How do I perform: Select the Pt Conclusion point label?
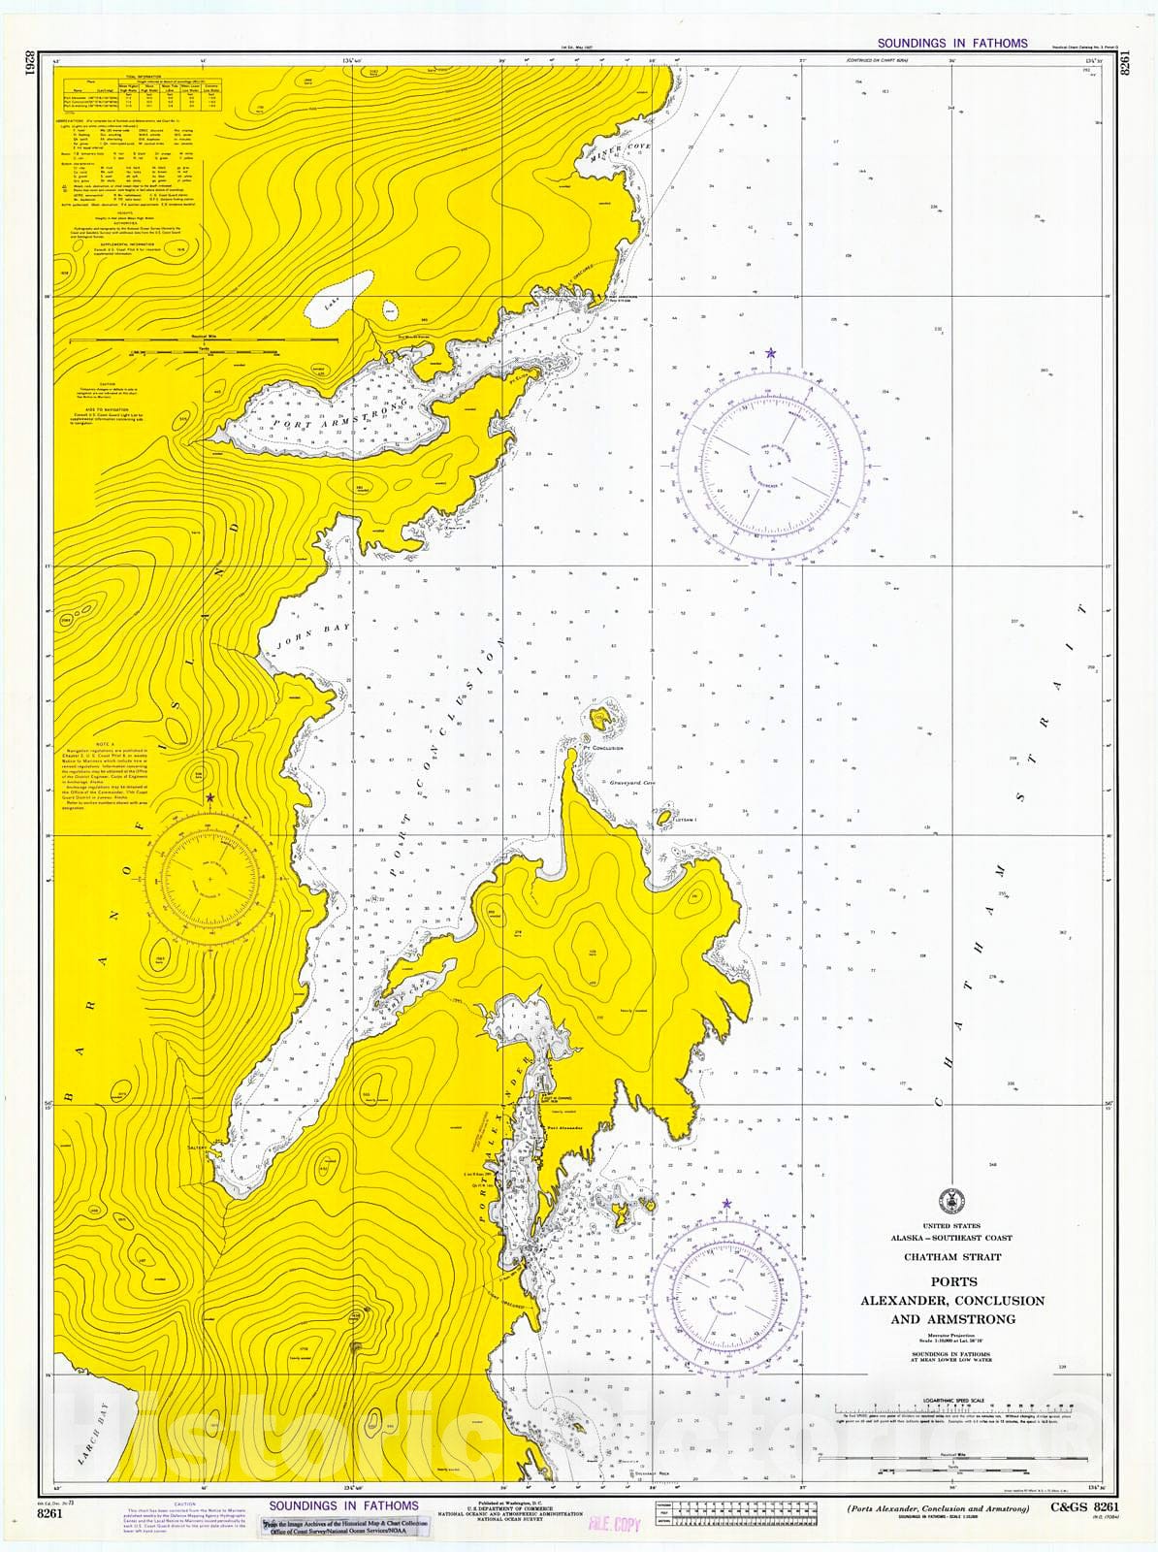[x=603, y=748]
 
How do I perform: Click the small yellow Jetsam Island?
[x=665, y=819]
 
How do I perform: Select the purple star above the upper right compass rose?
[x=771, y=353]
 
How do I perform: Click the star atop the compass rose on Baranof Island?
[x=210, y=797]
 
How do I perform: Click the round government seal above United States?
[x=951, y=1199]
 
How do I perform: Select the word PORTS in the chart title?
[x=952, y=1281]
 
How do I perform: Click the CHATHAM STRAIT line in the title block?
[x=951, y=1257]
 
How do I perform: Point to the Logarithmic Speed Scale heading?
[x=951, y=1400]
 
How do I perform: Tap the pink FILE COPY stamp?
[x=615, y=1523]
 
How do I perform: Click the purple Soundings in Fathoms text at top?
[x=951, y=44]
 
